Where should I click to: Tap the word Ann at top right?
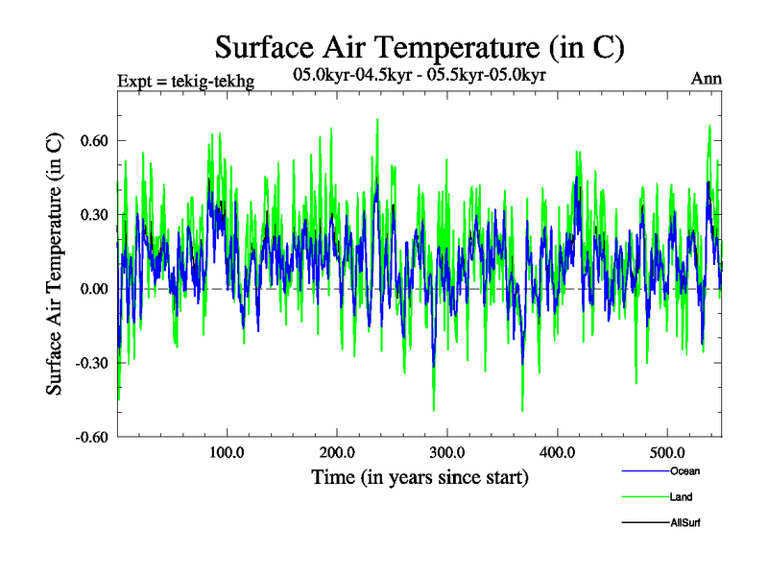click(707, 79)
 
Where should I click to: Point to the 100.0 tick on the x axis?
click(227, 452)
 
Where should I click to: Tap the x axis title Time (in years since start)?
click(420, 476)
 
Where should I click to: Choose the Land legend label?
click(681, 497)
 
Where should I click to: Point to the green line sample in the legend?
click(644, 496)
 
